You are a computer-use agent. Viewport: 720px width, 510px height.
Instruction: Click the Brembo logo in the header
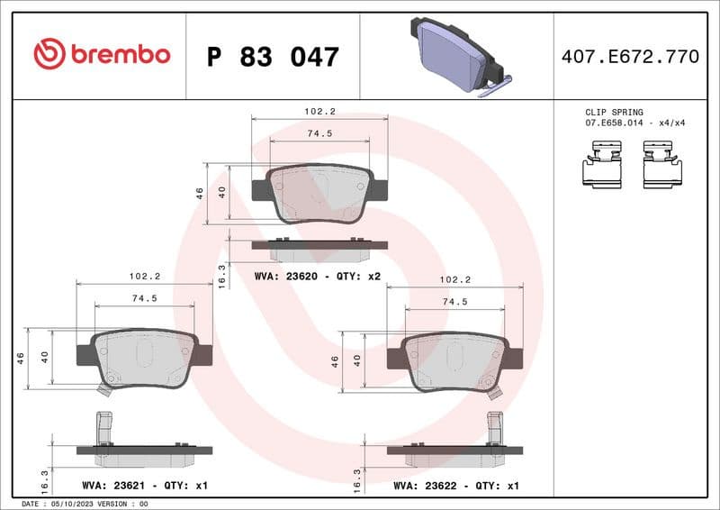tap(101, 55)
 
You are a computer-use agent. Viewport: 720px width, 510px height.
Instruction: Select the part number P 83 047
tap(273, 57)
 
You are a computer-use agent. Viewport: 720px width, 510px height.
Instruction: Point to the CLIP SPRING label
tap(615, 113)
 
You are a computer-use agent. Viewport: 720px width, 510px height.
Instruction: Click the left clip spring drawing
tap(602, 169)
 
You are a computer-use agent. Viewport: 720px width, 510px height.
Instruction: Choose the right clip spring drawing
tap(662, 169)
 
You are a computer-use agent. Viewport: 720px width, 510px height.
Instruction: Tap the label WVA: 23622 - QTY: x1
tap(456, 486)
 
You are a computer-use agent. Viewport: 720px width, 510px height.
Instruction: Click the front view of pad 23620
tap(319, 194)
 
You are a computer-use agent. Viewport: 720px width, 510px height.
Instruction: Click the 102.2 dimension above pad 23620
tap(319, 112)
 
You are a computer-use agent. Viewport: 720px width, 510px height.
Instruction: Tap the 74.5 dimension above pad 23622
tap(454, 302)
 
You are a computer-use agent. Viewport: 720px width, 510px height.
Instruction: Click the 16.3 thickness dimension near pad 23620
tap(221, 276)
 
